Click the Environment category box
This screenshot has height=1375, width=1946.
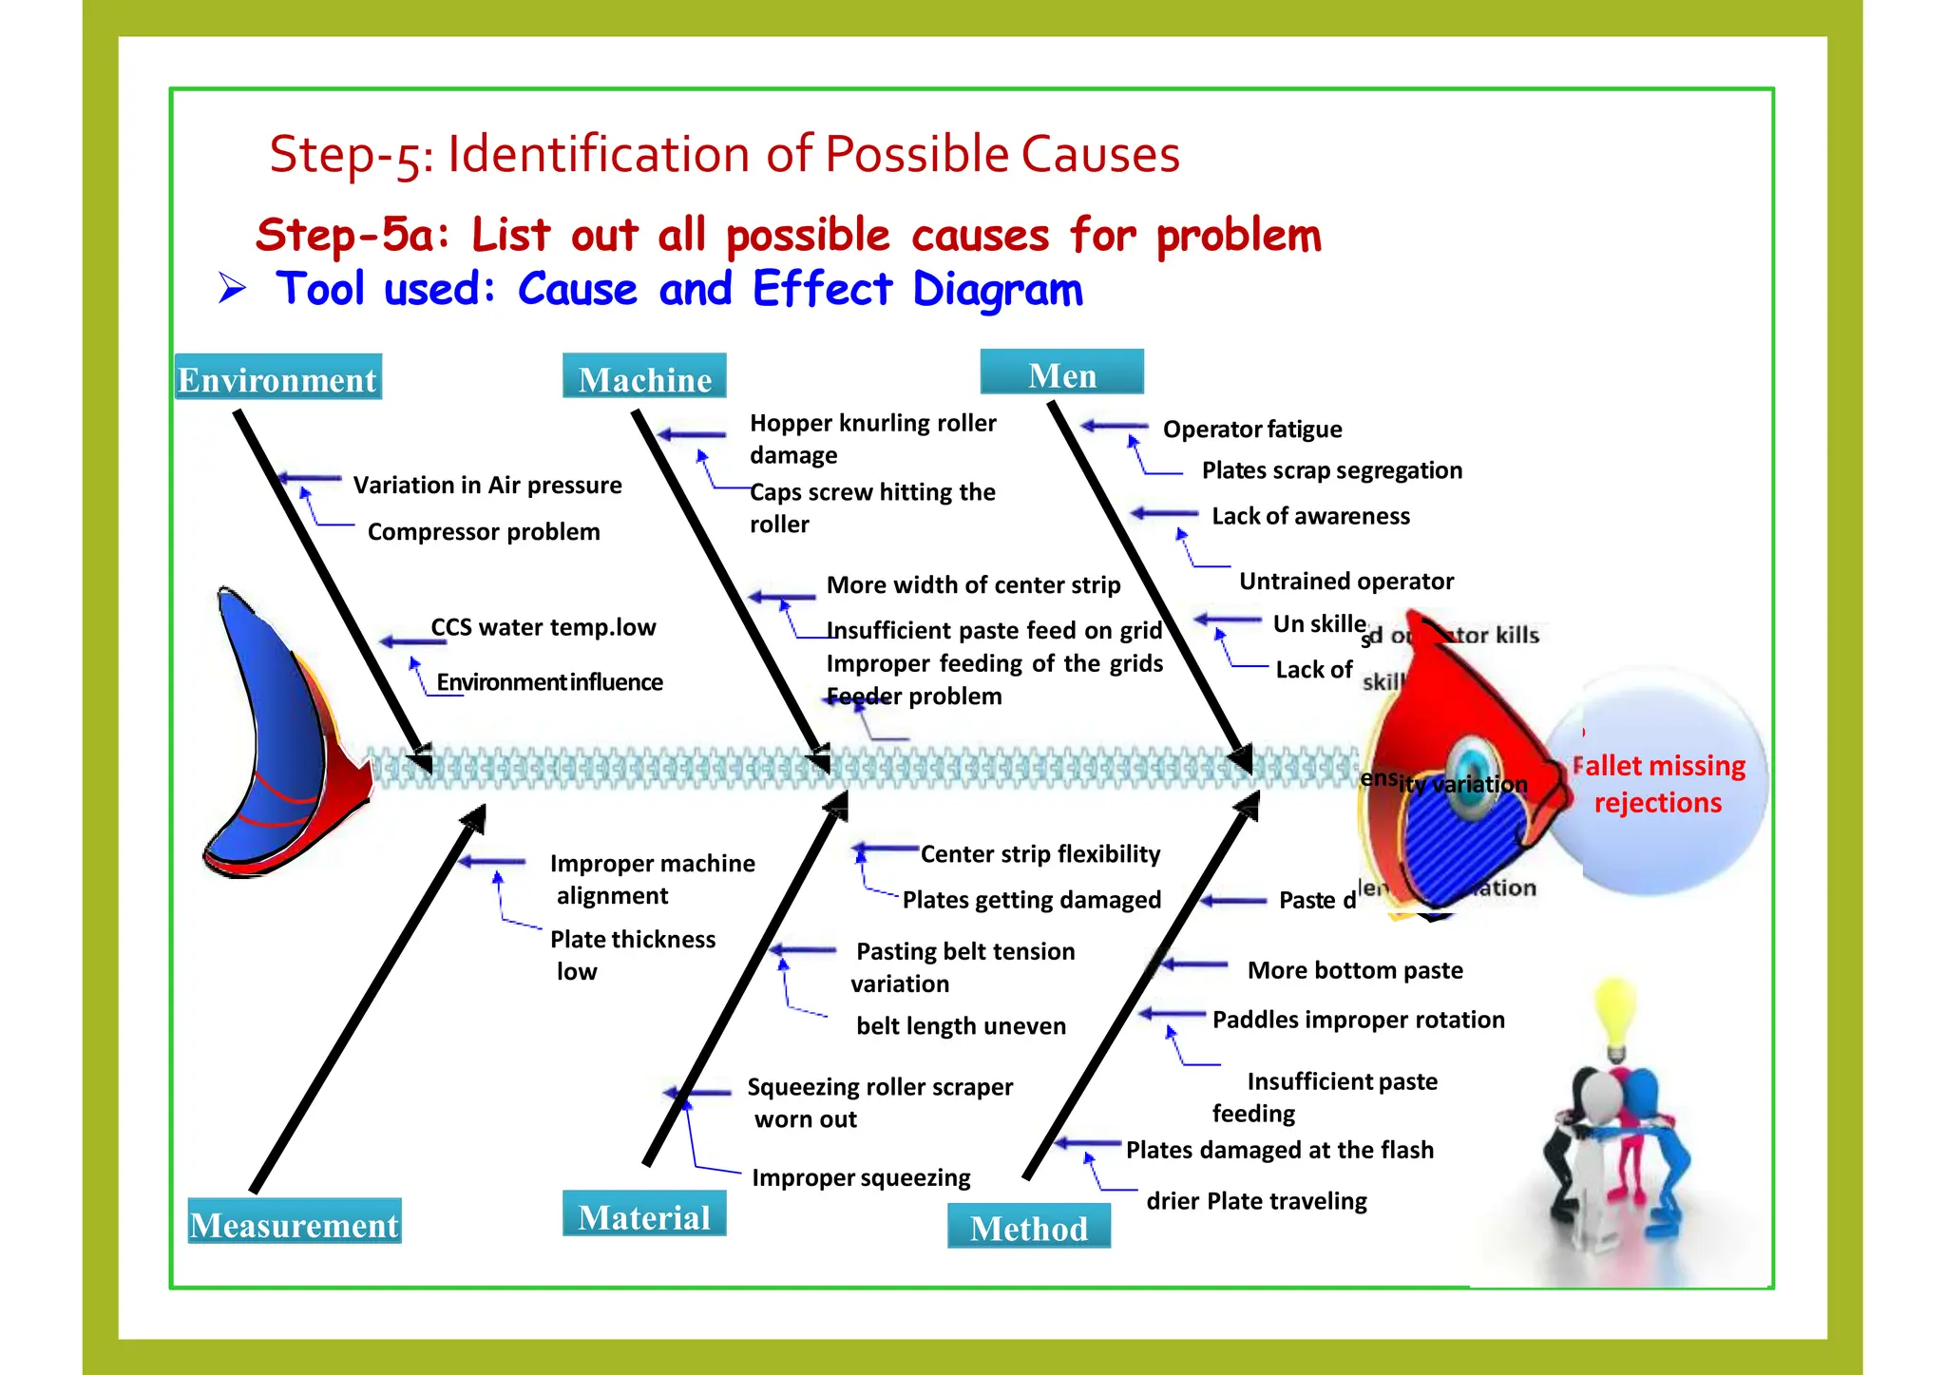click(278, 377)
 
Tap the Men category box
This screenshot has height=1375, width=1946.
click(1061, 372)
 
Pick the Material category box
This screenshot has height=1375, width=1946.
click(644, 1214)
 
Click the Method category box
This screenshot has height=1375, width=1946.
click(1029, 1226)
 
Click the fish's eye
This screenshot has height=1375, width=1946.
click(1472, 767)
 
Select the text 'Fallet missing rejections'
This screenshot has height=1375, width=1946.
click(1658, 784)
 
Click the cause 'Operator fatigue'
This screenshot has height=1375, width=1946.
click(1252, 430)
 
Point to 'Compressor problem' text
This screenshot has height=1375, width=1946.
click(484, 532)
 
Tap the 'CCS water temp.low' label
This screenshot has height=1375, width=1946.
click(544, 628)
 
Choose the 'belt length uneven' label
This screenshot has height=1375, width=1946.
click(961, 1026)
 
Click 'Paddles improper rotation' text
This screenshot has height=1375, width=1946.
click(1359, 1020)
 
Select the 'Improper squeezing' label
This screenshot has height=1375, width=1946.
click(861, 1178)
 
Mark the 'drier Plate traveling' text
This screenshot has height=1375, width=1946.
click(1256, 1201)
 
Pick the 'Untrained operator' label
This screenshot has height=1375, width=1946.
click(1346, 582)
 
